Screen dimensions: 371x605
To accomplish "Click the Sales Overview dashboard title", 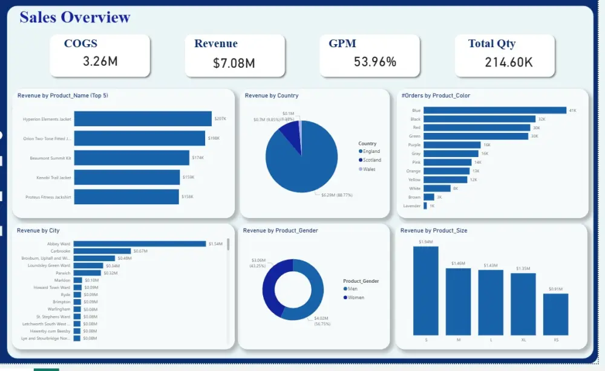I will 74,17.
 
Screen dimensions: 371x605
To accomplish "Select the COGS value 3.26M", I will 100,61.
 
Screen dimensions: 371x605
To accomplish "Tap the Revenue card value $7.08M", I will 234,63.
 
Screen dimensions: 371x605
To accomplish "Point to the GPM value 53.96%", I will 375,62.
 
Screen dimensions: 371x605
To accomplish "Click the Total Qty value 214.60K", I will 509,62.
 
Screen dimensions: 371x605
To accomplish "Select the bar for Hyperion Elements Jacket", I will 143,118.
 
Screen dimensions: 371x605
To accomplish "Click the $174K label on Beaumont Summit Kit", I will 198,158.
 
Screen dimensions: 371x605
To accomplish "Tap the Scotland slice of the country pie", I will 290,129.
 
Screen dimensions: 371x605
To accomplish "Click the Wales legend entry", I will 369,169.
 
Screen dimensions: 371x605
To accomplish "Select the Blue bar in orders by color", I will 494,111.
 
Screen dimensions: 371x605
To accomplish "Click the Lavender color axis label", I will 411,206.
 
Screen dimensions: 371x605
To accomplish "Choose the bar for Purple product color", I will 452,145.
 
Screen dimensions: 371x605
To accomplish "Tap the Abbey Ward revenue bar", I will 140,244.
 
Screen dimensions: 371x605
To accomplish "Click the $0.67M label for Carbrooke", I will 140,251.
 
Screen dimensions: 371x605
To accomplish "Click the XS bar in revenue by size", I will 555,314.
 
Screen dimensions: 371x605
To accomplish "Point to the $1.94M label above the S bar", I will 425,242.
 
